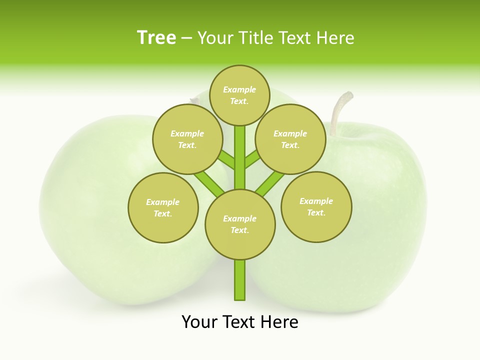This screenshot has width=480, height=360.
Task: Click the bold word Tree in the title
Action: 156,38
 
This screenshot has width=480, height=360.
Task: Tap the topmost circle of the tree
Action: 239,95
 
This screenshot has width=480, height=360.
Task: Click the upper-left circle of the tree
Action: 187,139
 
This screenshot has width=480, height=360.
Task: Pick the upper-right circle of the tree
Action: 290,139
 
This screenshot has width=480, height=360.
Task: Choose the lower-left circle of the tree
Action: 163,207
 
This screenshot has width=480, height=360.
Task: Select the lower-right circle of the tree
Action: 316,206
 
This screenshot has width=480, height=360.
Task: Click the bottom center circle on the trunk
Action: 240,224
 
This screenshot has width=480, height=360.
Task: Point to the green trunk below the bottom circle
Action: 240,280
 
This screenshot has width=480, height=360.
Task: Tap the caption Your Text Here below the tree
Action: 240,322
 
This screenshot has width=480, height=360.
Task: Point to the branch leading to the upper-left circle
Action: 226,160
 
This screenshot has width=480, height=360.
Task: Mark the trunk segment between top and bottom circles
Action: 240,157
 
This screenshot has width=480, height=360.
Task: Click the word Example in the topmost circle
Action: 239,89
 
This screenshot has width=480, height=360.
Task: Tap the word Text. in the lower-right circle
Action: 316,212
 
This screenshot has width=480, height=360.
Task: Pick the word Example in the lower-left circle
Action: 163,202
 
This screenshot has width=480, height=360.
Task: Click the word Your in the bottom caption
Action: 200,322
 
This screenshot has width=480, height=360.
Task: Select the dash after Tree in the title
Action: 186,38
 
